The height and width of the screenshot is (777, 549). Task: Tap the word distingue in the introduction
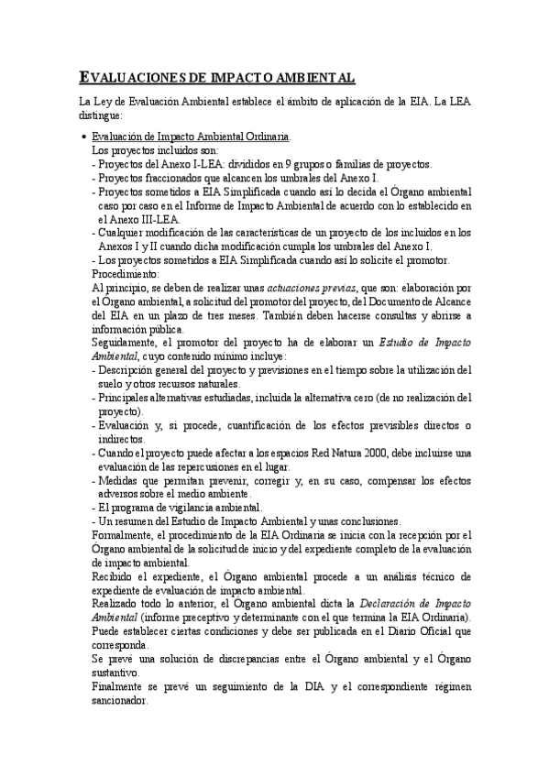(x=104, y=115)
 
